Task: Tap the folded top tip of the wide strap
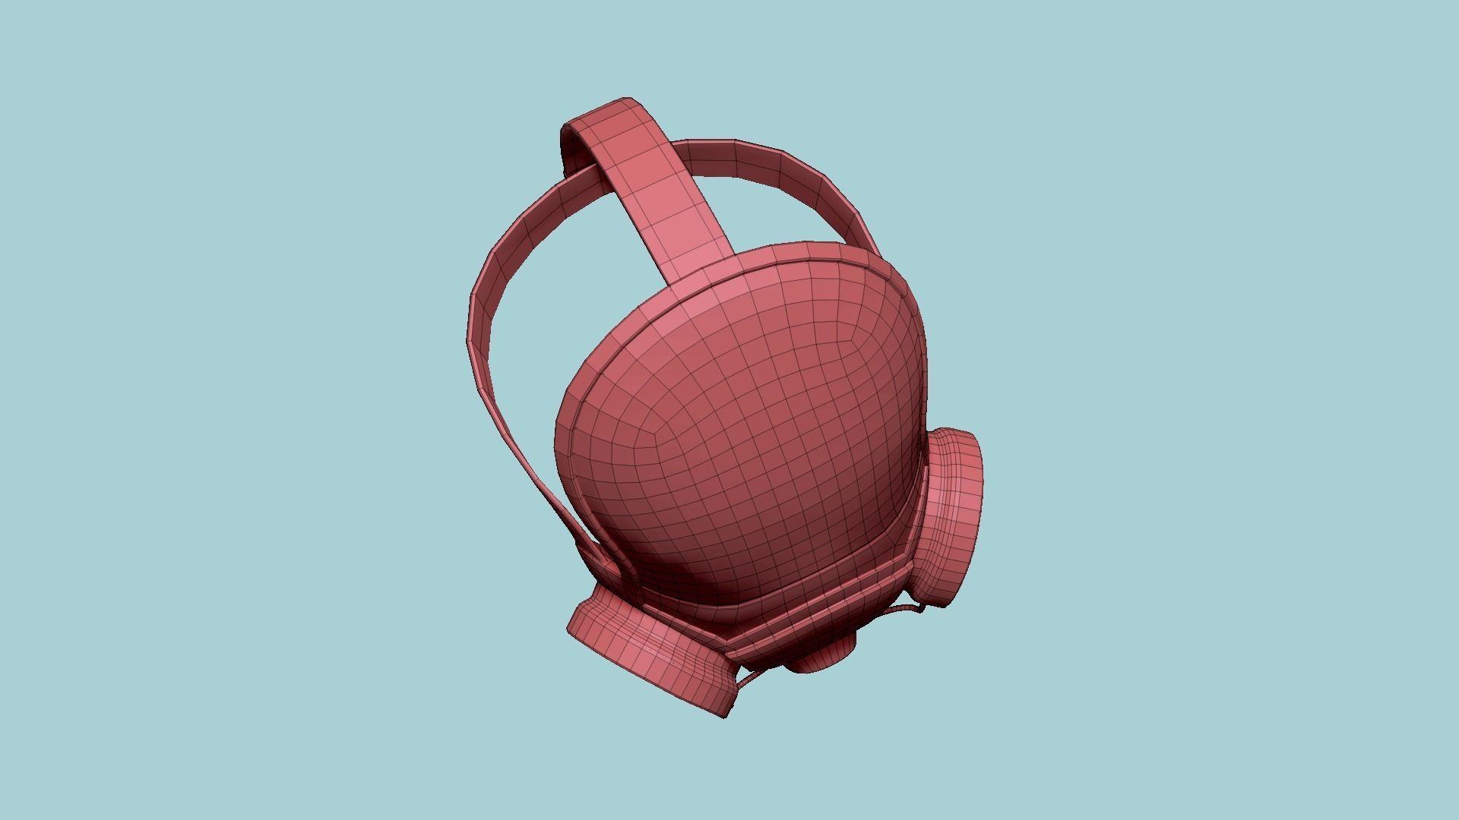pyautogui.click(x=600, y=114)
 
